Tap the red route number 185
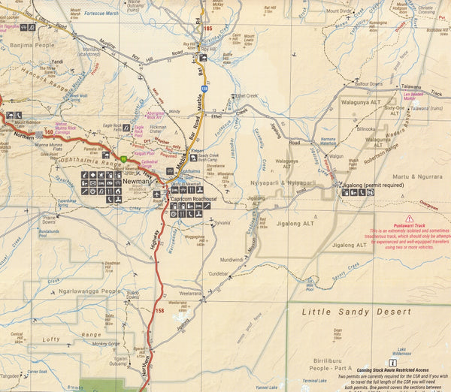click(x=208, y=28)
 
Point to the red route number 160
click(x=49, y=132)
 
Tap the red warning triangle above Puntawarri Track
click(x=409, y=218)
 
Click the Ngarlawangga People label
click(x=92, y=290)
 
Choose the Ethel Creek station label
click(x=247, y=96)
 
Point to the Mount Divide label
click(x=337, y=12)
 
